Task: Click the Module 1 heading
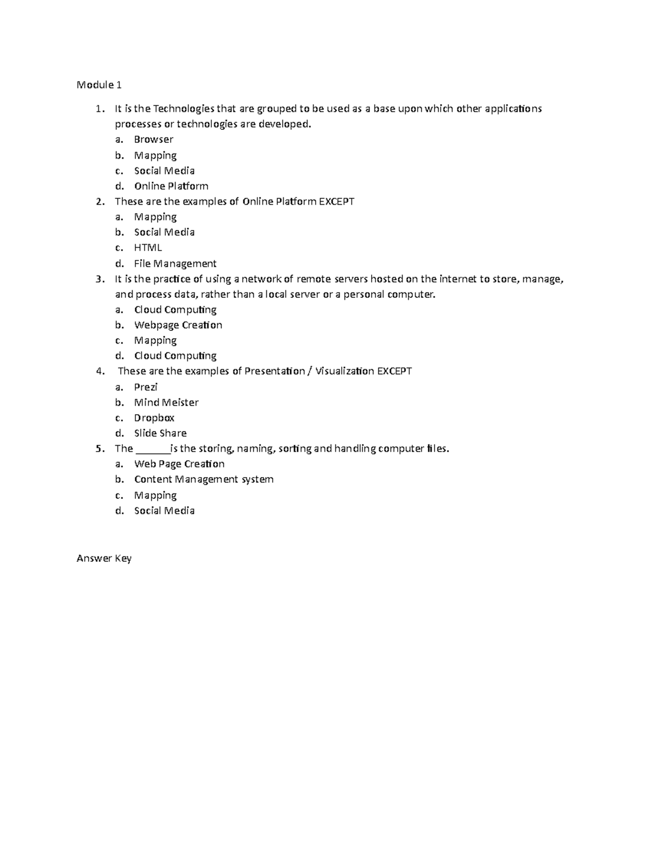click(99, 85)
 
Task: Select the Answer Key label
click(104, 558)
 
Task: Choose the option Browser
click(154, 140)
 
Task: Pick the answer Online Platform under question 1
click(171, 186)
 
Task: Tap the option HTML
click(148, 248)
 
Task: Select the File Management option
click(175, 264)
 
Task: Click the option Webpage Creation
click(178, 325)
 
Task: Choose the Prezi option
click(146, 387)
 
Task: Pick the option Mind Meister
click(166, 403)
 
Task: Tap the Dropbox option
click(154, 418)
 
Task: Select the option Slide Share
click(160, 433)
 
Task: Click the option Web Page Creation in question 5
click(179, 464)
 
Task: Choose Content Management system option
click(204, 479)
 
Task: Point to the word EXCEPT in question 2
click(336, 202)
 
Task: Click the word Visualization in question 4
click(344, 371)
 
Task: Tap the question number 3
click(99, 279)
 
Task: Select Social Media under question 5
click(164, 511)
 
